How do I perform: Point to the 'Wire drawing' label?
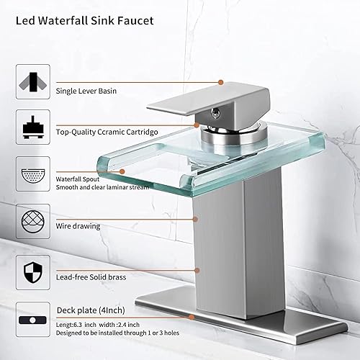click(x=78, y=225)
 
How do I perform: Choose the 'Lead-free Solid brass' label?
click(x=91, y=274)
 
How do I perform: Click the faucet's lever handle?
click(x=230, y=101)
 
